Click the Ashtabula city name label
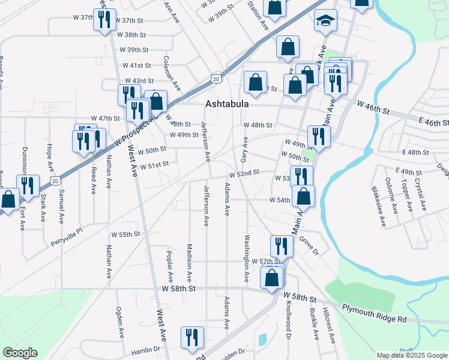point(227,104)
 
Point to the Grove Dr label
point(308,247)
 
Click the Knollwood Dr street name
point(288,321)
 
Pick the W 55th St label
point(124,233)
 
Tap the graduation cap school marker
point(326,21)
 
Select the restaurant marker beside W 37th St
point(105,20)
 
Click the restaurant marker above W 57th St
point(280,245)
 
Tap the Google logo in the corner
point(20,353)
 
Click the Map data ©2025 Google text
point(412,355)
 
